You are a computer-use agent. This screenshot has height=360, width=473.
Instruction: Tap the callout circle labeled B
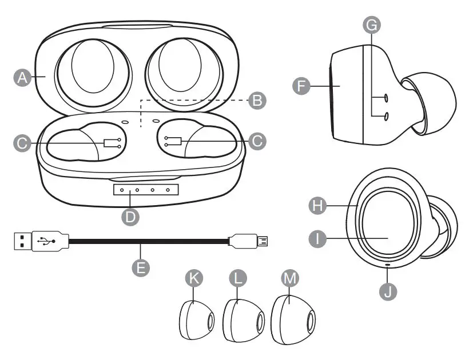[258, 101]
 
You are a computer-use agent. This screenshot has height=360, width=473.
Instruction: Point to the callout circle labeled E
[141, 266]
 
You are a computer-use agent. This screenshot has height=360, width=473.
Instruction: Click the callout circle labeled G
[371, 24]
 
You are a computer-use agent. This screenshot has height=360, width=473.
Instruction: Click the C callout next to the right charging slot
[258, 141]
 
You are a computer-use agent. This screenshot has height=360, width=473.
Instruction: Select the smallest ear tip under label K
[194, 320]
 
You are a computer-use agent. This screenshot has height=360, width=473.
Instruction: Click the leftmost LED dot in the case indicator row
[122, 189]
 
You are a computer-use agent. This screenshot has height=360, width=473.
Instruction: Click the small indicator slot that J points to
[389, 265]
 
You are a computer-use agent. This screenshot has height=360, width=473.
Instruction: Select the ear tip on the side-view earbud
[432, 103]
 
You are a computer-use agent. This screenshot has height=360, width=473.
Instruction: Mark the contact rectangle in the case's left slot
[109, 143]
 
